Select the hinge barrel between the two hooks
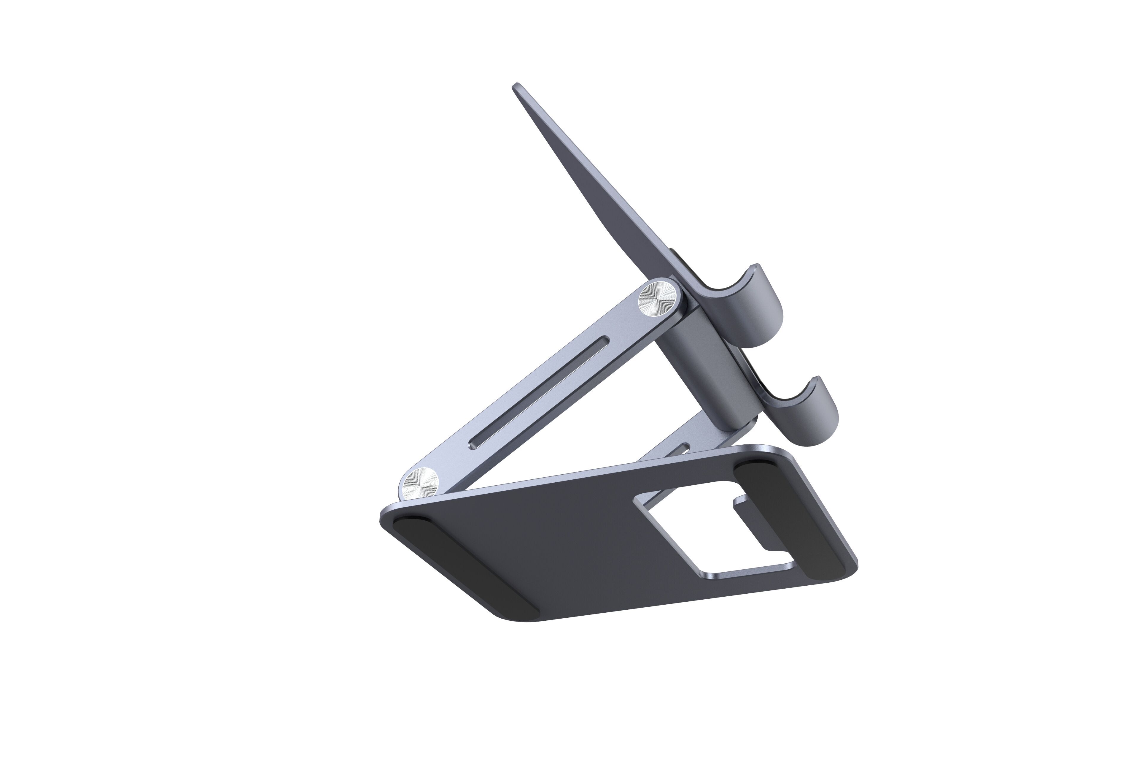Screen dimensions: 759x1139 (x=706, y=358)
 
